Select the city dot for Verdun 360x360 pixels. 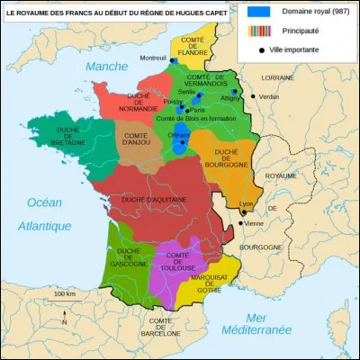tap(254, 96)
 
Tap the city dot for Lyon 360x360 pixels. tap(243, 213)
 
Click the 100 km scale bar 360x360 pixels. tap(63, 301)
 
